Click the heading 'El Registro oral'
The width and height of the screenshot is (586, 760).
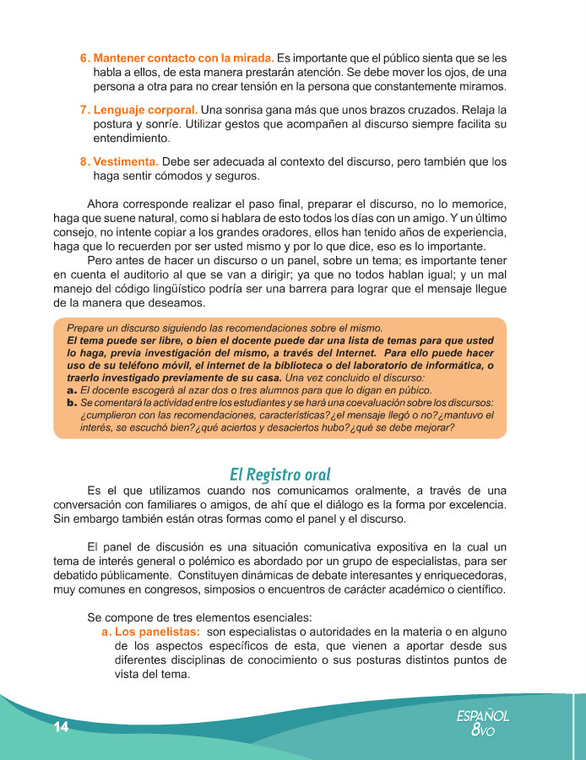click(279, 474)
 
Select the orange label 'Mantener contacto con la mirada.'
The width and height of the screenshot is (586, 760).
click(183, 58)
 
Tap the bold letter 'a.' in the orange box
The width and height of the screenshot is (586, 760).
click(72, 391)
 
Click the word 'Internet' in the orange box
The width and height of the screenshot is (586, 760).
click(336, 352)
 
